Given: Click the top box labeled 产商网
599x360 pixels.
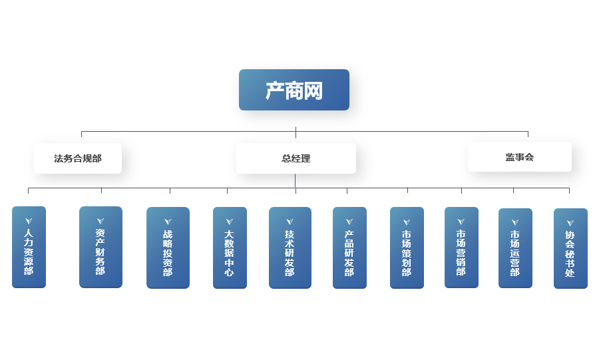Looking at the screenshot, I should click(294, 90).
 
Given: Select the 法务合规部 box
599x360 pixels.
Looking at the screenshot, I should click(78, 158).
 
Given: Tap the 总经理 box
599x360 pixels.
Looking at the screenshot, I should click(296, 158).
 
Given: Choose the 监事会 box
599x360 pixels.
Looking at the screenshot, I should click(519, 157).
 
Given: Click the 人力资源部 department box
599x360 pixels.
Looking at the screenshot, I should click(29, 248).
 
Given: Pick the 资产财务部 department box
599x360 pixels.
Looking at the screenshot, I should click(100, 248).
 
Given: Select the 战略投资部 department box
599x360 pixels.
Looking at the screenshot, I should click(168, 248).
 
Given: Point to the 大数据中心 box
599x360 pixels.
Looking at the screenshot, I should click(230, 248).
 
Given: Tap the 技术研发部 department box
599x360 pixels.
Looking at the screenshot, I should click(290, 248).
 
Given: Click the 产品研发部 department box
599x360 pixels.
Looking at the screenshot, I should click(349, 248).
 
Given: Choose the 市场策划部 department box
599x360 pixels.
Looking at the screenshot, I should click(407, 248).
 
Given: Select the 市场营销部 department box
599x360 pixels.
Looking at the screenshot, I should click(461, 248).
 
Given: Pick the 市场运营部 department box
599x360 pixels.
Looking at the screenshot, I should click(515, 248).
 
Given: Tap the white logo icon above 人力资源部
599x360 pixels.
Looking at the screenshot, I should click(29, 221).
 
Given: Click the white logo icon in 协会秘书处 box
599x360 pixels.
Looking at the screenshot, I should click(570, 223).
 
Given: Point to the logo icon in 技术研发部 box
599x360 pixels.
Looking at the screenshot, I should click(290, 222).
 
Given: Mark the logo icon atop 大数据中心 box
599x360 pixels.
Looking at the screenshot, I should click(230, 222).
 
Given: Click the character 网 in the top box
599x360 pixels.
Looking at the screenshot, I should click(313, 90).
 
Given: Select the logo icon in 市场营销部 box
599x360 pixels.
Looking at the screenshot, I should click(461, 221).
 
